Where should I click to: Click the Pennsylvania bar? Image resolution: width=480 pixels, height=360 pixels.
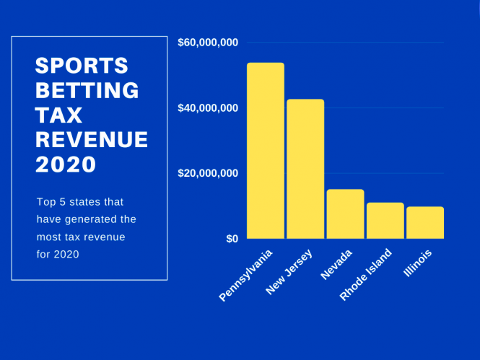click(265, 151)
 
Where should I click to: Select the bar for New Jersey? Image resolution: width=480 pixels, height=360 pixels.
click(305, 169)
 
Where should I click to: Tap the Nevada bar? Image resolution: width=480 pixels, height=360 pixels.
click(345, 214)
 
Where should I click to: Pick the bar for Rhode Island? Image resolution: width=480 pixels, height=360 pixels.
click(385, 220)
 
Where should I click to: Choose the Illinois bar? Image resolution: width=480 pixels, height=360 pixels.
click(424, 222)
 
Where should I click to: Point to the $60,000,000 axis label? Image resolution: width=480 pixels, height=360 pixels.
click(208, 43)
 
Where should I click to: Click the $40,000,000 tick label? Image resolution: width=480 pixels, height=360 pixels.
click(208, 108)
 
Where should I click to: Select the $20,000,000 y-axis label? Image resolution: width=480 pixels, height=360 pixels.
click(208, 173)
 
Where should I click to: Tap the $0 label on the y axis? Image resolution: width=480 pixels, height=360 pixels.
click(232, 239)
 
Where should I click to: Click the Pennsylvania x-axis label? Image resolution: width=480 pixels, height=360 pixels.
click(247, 276)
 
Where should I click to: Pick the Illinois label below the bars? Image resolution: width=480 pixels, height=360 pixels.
click(418, 264)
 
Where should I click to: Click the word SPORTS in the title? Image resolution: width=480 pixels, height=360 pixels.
click(82, 66)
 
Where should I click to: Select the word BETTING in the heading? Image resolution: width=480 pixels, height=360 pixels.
click(87, 91)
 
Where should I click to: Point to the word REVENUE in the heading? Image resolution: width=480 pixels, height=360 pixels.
click(92, 139)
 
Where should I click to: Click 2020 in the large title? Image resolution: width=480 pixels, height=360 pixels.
click(66, 164)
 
